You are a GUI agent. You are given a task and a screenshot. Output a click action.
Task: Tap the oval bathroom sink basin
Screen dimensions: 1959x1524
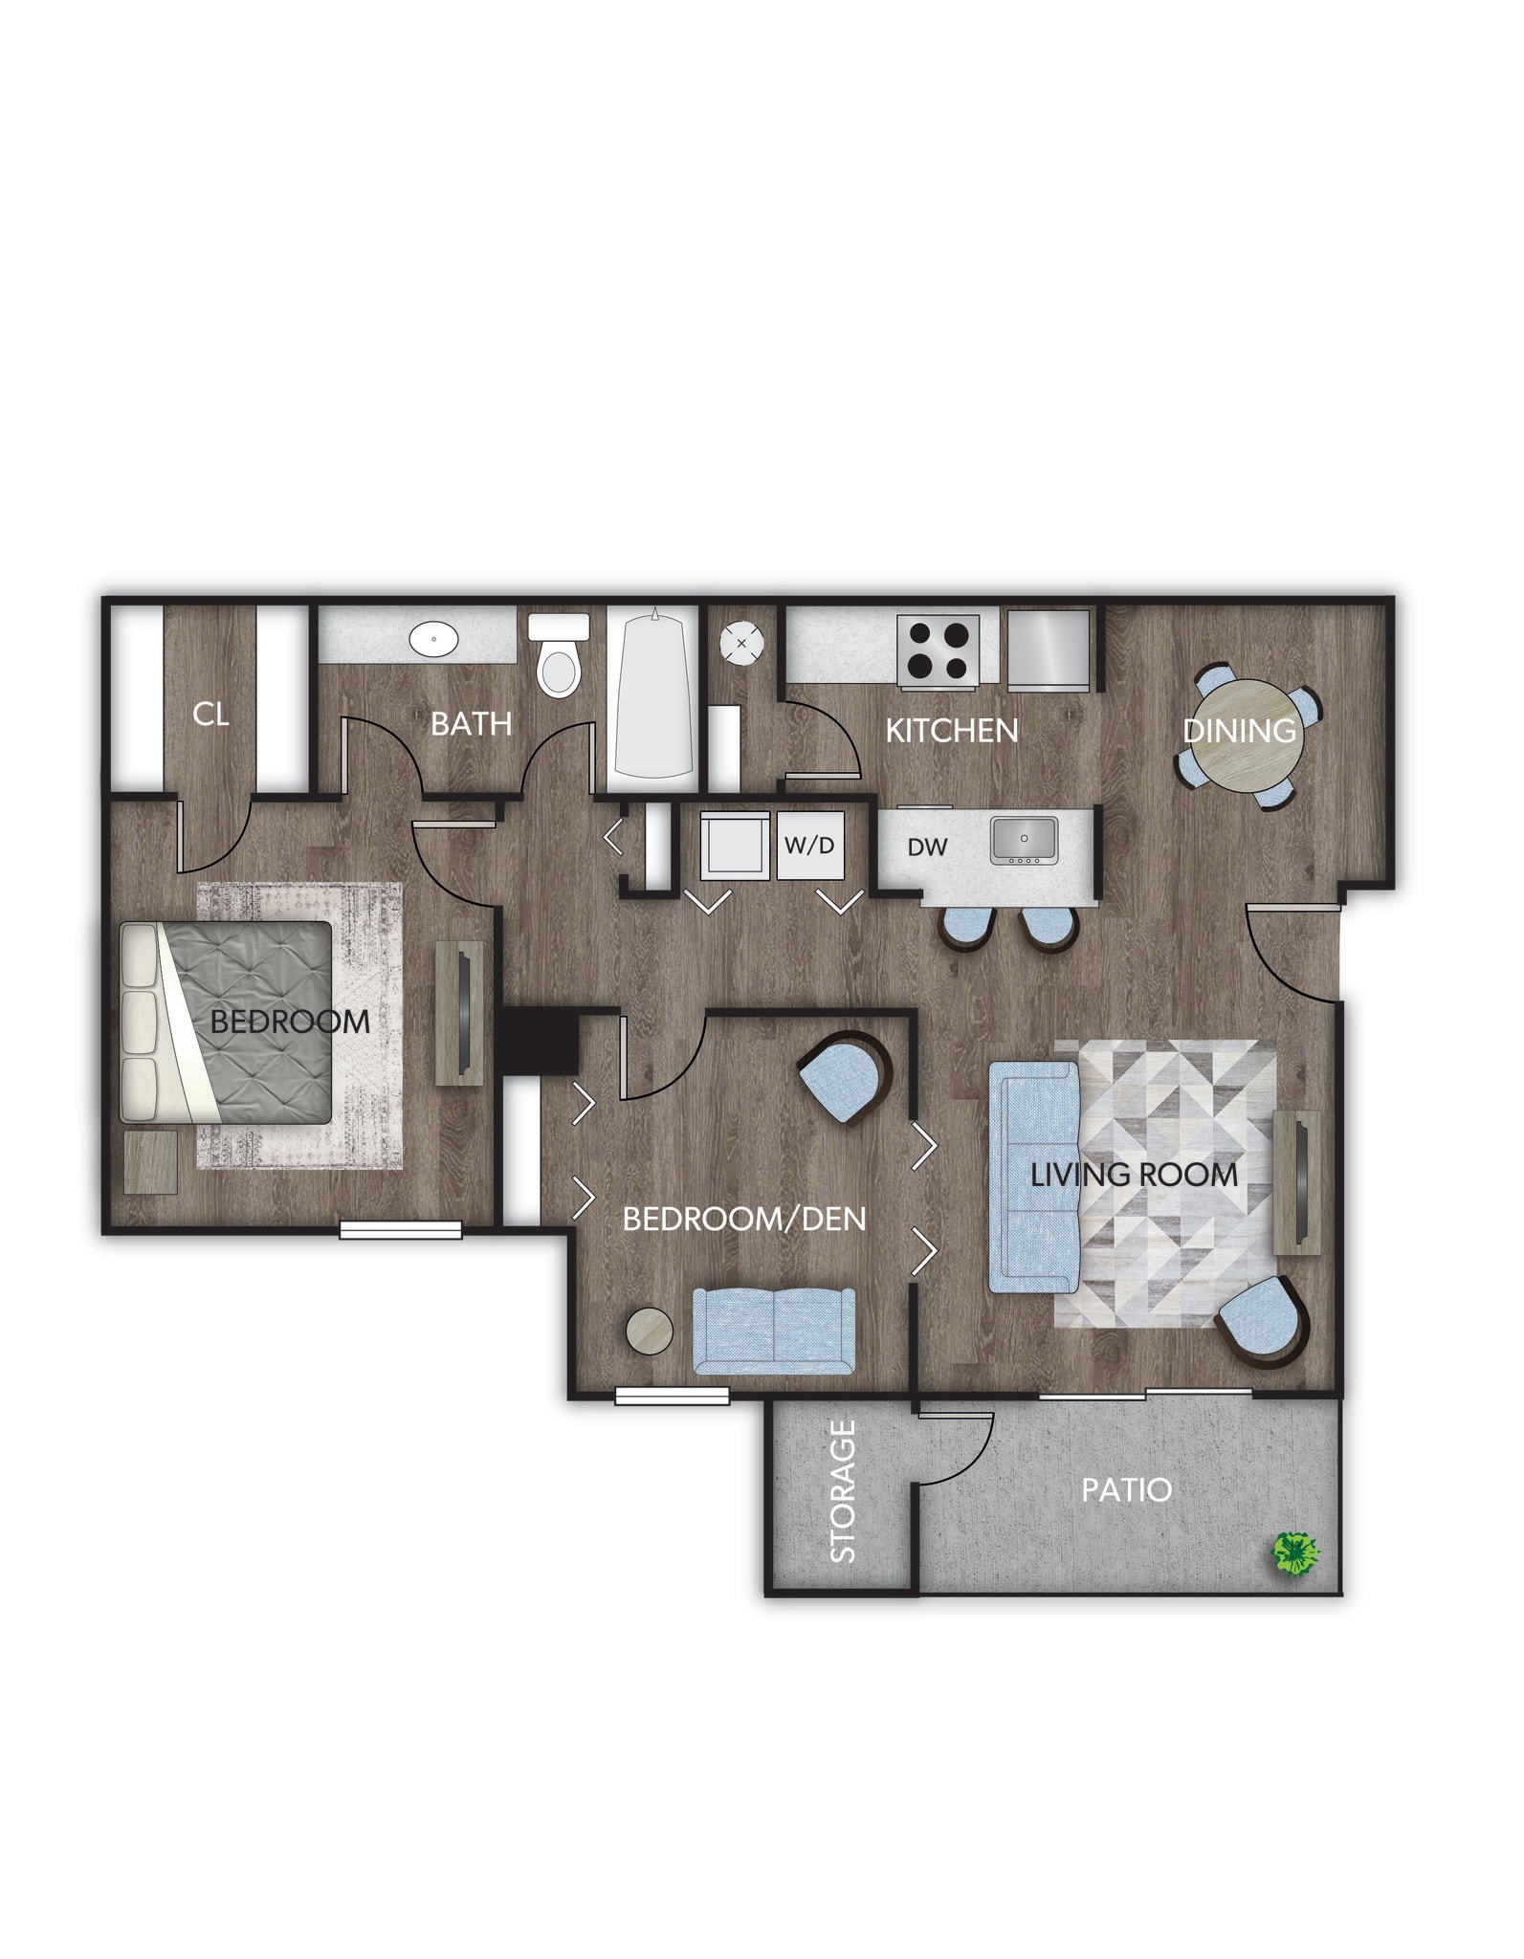pos(434,638)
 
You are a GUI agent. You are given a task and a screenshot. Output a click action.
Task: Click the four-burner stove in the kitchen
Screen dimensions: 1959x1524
pos(939,650)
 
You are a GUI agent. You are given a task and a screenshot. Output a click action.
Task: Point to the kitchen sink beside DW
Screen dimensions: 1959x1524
pos(1024,840)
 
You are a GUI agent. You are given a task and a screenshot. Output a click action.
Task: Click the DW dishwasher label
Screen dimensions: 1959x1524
pos(927,847)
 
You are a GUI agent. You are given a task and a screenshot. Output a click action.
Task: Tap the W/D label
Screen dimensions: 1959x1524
pos(809,845)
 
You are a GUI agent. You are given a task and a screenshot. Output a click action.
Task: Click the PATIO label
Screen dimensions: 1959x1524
pos(1126,1489)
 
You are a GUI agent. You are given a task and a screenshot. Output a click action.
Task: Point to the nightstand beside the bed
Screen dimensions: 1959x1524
pos(151,1162)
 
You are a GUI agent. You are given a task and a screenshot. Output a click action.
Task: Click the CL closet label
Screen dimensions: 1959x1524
pos(210,714)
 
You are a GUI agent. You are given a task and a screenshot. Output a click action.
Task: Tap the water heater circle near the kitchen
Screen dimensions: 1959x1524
pos(742,643)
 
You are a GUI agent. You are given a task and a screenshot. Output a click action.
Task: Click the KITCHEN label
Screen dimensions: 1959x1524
pos(951,731)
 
